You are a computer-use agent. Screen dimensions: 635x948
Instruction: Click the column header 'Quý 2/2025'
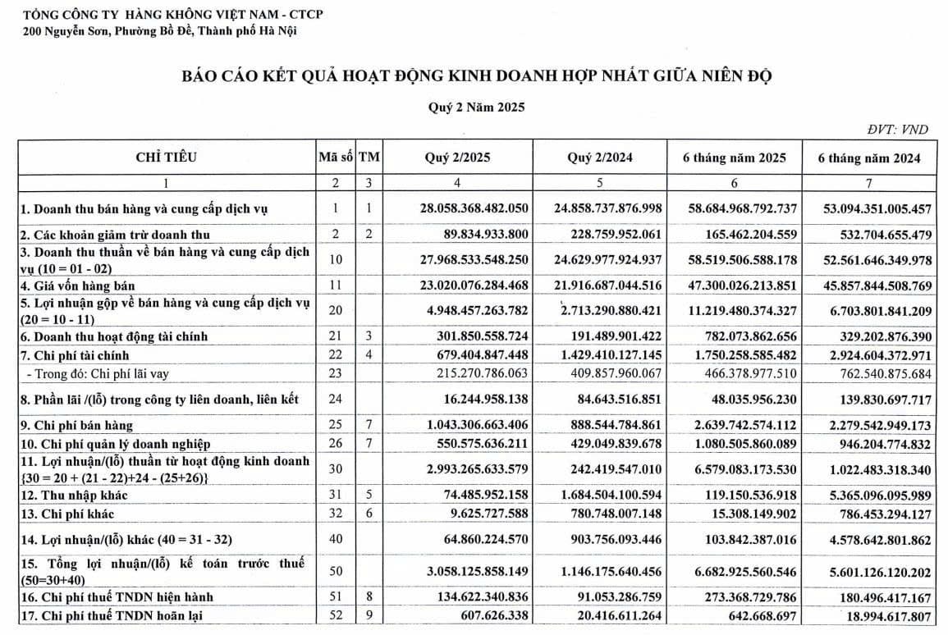point(456,158)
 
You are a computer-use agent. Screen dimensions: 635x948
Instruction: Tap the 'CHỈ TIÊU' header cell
point(167,158)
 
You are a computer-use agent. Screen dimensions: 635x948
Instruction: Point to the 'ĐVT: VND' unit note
point(897,130)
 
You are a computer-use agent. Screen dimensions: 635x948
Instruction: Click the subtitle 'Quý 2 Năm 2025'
point(475,107)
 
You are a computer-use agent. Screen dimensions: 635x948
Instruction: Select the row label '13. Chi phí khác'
point(67,514)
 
